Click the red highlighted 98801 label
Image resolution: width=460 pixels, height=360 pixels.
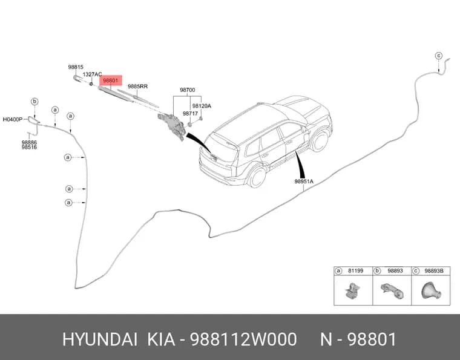pyautogui.click(x=111, y=80)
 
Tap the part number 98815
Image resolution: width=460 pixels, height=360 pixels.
pyautogui.click(x=76, y=67)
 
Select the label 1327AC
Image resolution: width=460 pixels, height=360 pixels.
pyautogui.click(x=92, y=74)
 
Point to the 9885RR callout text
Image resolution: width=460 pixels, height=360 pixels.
pyautogui.click(x=137, y=87)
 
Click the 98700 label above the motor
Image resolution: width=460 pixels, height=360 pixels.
pyautogui.click(x=188, y=90)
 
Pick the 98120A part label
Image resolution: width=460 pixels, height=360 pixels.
pyautogui.click(x=202, y=106)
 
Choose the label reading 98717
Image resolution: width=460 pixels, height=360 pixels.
pyautogui.click(x=190, y=114)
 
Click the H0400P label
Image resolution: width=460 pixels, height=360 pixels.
pyautogui.click(x=13, y=119)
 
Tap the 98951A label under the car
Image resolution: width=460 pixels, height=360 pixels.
pyautogui.click(x=304, y=182)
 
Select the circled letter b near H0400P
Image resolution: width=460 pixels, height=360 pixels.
pyautogui.click(x=34, y=102)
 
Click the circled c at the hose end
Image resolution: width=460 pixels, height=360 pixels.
pyautogui.click(x=438, y=56)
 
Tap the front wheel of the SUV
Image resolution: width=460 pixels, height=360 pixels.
pyautogui.click(x=320, y=141)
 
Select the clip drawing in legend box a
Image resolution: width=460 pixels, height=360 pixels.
pyautogui.click(x=352, y=290)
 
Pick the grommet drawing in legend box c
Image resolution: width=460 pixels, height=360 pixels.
pyautogui.click(x=431, y=290)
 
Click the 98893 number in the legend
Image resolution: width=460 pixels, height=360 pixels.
pyautogui.click(x=395, y=271)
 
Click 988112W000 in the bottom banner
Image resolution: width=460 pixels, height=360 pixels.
pyautogui.click(x=243, y=339)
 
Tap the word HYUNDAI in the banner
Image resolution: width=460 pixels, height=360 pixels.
pyautogui.click(x=100, y=339)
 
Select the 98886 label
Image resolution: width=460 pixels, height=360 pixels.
pyautogui.click(x=29, y=142)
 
